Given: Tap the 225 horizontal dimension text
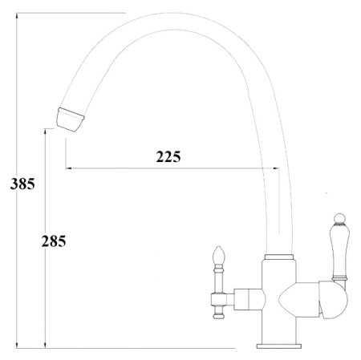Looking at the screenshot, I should (x=168, y=156).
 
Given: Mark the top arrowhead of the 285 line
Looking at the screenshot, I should (x=45, y=131).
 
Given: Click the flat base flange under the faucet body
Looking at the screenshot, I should (x=278, y=346).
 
